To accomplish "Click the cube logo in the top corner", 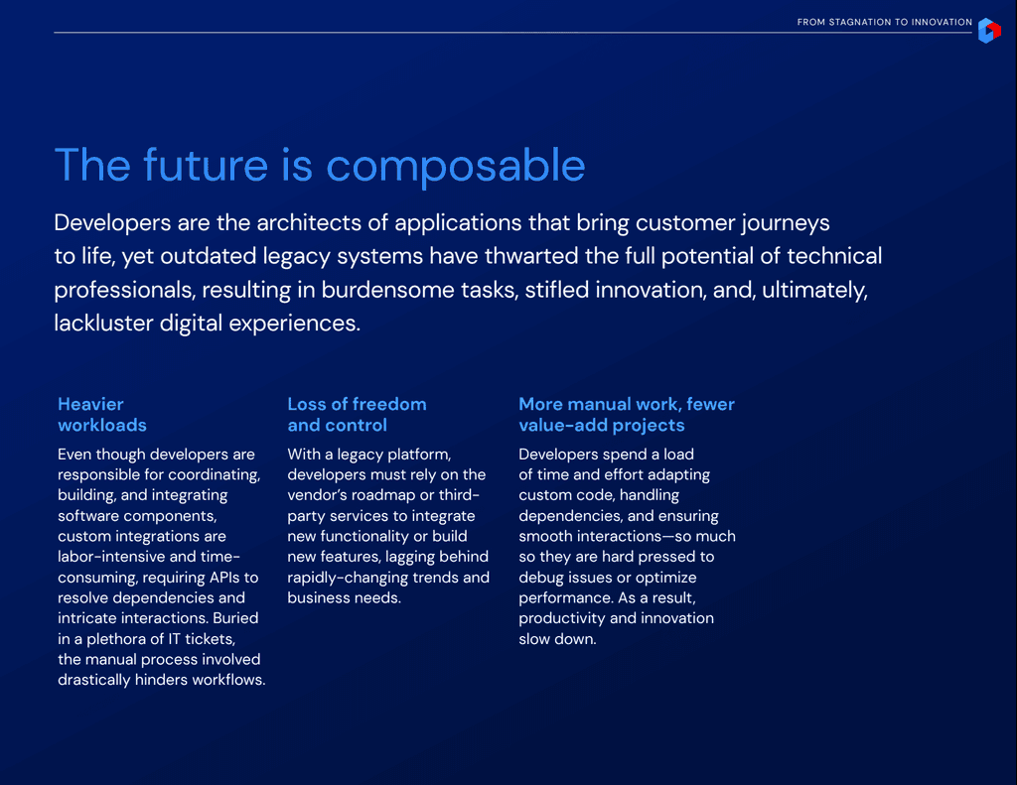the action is [x=989, y=31].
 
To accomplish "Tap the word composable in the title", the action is [x=455, y=166].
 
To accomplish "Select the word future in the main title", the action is [x=206, y=165].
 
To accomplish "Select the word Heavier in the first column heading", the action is [x=90, y=405].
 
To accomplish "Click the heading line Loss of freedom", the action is [x=357, y=405].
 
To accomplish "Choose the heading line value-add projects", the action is [x=601, y=425].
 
